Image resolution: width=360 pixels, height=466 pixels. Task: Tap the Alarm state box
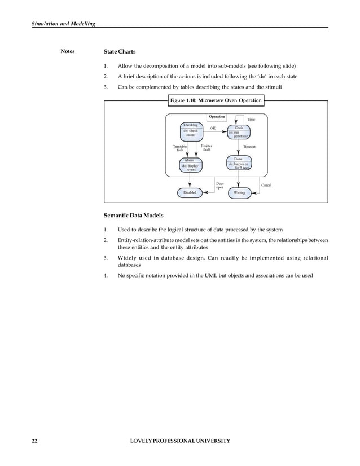190,165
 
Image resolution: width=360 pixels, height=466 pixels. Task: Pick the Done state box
239,164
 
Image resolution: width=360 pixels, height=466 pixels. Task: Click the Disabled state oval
190,193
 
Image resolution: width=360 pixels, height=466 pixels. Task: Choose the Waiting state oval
239,193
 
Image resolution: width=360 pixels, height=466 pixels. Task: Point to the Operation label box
217,117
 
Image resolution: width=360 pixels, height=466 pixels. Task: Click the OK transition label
213,128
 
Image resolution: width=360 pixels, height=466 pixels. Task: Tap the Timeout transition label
249,147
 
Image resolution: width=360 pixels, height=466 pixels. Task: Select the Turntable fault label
179,148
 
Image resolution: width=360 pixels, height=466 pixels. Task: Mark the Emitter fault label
207,148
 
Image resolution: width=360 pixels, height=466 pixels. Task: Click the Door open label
220,185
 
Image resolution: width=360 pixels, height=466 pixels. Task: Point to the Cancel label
266,185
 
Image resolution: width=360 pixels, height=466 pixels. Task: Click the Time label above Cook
251,120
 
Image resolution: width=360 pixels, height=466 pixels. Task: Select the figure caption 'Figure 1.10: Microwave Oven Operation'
216,100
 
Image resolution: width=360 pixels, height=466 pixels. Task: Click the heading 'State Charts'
120,52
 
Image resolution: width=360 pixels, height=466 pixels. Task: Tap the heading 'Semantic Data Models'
133,216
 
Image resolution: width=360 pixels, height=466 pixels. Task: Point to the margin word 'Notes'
67,52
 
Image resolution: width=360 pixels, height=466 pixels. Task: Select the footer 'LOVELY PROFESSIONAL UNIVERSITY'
179,441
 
